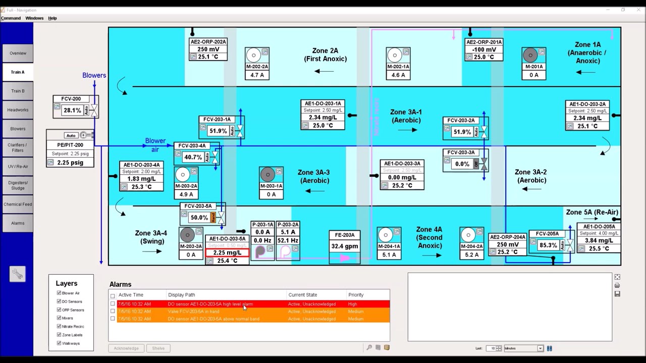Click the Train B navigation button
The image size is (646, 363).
[x=18, y=91]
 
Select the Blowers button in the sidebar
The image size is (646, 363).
[x=18, y=129]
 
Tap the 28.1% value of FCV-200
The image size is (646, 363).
[x=72, y=110]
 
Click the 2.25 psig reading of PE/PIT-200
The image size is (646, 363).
[x=70, y=162]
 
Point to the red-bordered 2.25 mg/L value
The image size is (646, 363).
[x=227, y=253]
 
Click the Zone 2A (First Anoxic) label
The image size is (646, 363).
[x=325, y=54]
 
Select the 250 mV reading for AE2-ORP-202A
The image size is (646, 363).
[x=208, y=49]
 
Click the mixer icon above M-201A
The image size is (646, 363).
[x=529, y=54]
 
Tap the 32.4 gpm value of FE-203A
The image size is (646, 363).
[x=344, y=247]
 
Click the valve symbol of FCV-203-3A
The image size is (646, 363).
[x=483, y=164]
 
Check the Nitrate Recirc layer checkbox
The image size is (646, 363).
[x=59, y=326]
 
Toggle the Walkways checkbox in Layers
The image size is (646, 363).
[x=59, y=343]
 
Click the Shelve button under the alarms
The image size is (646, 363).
[x=158, y=348]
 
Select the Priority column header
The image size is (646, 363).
[x=356, y=294]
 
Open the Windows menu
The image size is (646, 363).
[x=34, y=18]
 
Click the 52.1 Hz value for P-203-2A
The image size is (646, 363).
[x=287, y=240]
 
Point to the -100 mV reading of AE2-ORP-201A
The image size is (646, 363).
[x=484, y=49]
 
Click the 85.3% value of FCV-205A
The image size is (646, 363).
[x=548, y=245]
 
